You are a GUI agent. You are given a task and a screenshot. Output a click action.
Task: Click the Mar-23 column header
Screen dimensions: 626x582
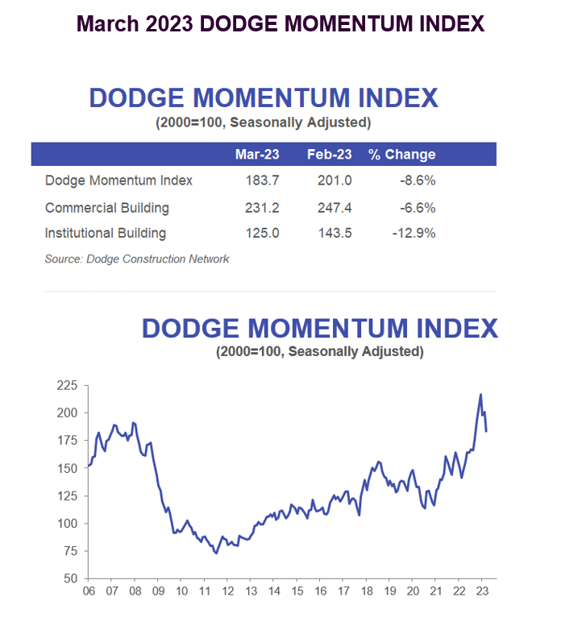(256, 155)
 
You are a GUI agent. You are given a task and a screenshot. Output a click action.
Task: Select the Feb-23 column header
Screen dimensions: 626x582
(328, 155)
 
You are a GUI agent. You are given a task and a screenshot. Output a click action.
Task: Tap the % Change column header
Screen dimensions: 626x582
(401, 155)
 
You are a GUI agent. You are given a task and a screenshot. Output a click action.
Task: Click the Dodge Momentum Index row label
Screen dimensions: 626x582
(118, 180)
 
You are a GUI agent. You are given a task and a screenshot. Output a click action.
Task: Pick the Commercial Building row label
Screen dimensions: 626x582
(107, 208)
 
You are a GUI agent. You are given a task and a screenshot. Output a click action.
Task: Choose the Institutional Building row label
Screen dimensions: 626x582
(106, 234)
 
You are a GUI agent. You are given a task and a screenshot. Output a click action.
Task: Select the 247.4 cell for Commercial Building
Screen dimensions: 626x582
(335, 208)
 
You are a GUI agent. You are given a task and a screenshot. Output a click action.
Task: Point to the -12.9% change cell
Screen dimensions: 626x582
(417, 234)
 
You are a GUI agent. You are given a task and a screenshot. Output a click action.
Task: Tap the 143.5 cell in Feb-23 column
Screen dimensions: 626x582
(335, 234)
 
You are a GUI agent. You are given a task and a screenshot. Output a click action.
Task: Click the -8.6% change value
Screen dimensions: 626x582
(420, 180)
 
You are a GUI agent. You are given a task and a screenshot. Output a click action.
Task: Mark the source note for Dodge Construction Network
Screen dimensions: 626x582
(137, 259)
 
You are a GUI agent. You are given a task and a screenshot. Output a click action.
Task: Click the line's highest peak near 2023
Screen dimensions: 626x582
(480, 395)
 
